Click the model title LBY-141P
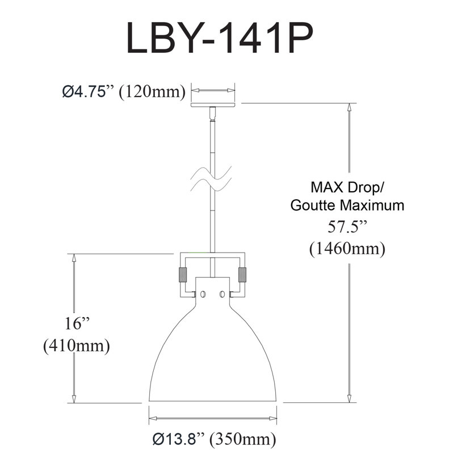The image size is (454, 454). click(220, 37)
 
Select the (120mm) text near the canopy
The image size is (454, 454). click(152, 92)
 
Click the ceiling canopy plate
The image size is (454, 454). click(213, 104)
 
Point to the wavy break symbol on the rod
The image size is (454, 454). click(211, 179)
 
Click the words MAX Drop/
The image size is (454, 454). click(347, 188)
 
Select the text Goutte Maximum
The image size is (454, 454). click(347, 205)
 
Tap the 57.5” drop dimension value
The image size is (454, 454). click(347, 226)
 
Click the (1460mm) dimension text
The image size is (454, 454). click(347, 249)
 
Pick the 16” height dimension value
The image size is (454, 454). click(77, 323)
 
